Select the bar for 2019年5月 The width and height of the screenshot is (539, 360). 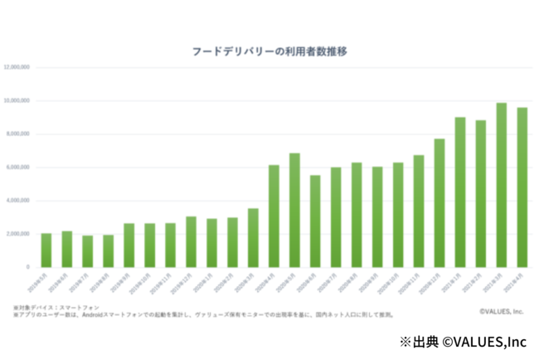(x=46, y=250)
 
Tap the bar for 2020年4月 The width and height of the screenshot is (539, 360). (x=274, y=216)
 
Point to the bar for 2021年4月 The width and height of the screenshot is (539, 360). (x=522, y=187)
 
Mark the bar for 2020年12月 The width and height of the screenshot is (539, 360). (x=439, y=203)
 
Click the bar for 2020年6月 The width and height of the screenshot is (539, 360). (x=315, y=221)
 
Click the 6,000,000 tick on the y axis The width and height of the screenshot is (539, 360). (x=18, y=168)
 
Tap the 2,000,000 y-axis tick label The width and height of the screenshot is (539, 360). (x=18, y=234)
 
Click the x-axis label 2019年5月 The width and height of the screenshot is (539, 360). (x=41, y=283)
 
